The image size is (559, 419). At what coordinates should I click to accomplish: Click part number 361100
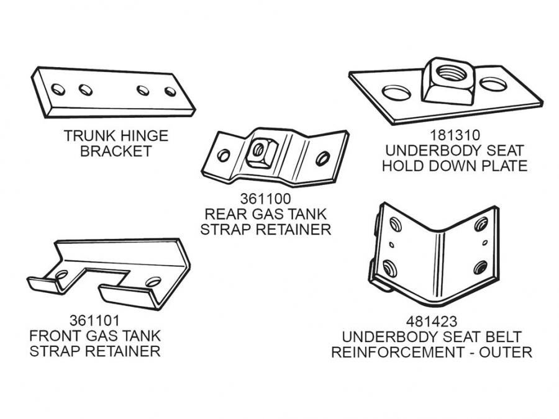point(265,200)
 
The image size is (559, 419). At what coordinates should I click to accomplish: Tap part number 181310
point(453,135)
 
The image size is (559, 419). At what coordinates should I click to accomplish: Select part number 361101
point(94,321)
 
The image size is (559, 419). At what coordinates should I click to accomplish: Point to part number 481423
point(431,322)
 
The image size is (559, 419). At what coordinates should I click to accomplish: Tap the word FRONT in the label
point(54,336)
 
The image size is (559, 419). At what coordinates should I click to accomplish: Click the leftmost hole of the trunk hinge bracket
point(58,89)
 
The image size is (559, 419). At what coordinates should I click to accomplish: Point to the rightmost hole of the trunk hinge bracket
point(170,91)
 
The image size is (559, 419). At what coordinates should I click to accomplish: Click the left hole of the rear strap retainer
point(224,155)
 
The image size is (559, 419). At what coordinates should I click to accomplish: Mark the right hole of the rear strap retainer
point(322,158)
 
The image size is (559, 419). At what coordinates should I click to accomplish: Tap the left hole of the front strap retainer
point(61,274)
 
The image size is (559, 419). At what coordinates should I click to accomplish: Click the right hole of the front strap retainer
point(153,281)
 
